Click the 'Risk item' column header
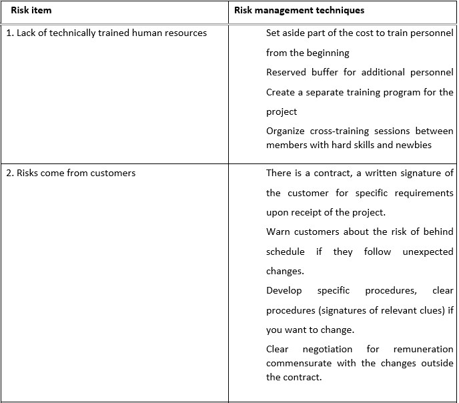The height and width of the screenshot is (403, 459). point(31,11)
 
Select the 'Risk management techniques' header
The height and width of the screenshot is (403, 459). point(299,11)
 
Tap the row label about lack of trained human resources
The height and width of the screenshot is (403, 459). point(107,33)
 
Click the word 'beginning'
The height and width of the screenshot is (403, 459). point(328,53)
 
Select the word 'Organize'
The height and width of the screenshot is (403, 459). point(286,131)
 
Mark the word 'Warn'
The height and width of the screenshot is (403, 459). point(278,232)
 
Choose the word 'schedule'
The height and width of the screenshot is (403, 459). point(286,252)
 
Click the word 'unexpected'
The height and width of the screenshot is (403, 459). point(428,252)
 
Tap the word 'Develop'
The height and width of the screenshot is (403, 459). point(284,290)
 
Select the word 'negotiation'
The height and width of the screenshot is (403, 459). point(328,349)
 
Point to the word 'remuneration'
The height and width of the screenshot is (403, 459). point(423,349)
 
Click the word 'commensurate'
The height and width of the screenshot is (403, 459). point(296,363)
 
